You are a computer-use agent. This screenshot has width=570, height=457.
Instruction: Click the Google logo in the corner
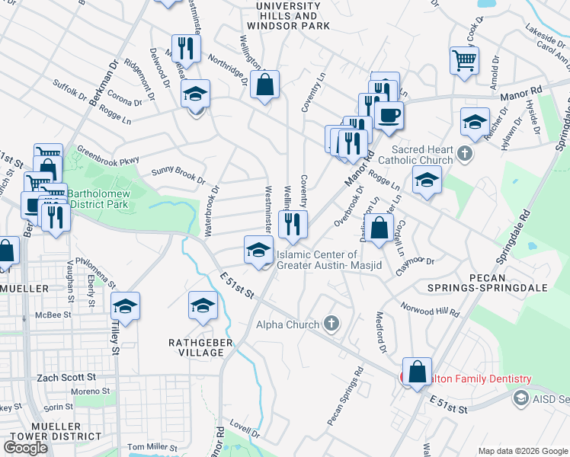[25, 448]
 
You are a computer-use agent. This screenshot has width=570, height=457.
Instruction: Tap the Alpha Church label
[287, 325]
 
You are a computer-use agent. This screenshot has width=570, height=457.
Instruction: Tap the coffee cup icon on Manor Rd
[389, 115]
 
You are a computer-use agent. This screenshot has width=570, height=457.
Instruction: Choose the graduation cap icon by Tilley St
[125, 306]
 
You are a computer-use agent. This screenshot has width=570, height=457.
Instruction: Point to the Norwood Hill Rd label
[431, 308]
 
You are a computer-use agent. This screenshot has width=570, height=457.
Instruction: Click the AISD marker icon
[521, 398]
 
